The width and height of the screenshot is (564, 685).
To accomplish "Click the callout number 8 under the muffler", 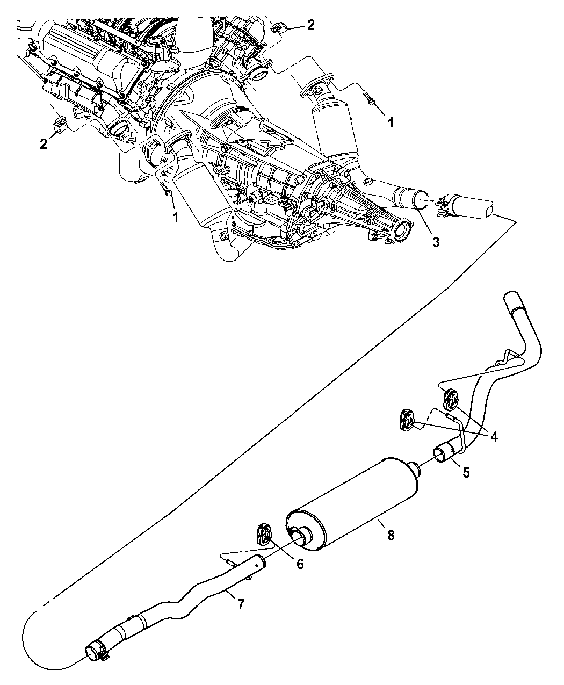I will coord(391,535).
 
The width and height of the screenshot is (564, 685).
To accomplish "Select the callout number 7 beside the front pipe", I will coord(241,604).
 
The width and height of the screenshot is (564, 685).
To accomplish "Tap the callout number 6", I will coord(299,564).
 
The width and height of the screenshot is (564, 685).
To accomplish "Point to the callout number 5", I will coord(466,472).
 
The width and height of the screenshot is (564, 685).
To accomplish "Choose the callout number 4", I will coord(493,437).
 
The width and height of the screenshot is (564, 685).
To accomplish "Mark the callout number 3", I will coord(436,242).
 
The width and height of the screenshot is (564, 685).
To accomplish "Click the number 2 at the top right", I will coord(310,25).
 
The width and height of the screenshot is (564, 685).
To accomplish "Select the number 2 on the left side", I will coord(44,144).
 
